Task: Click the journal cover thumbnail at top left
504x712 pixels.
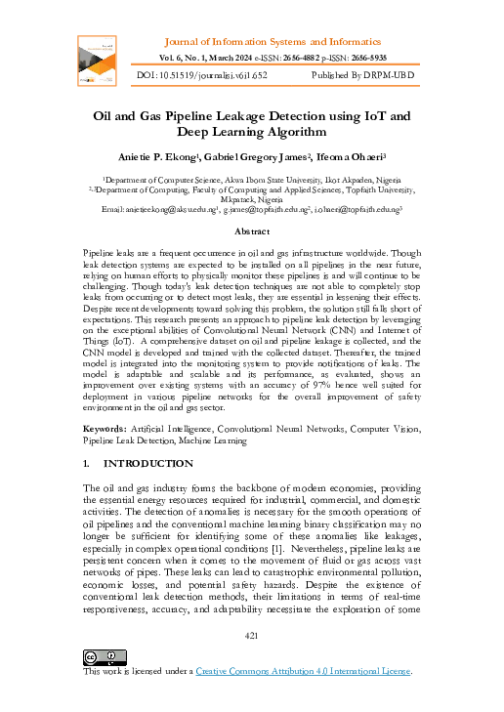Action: coord(98,63)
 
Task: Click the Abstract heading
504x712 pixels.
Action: coord(252,231)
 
